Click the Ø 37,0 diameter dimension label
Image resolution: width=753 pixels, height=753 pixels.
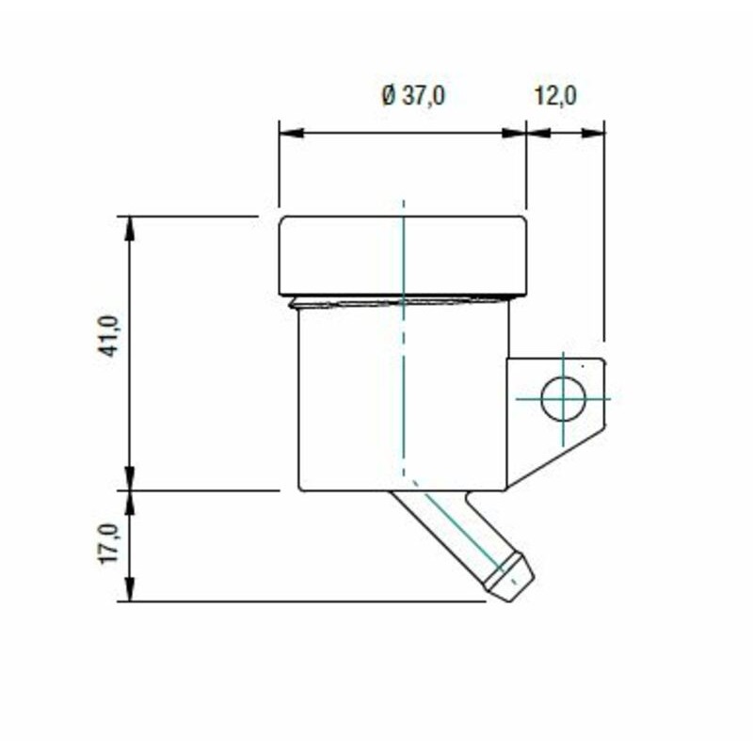coord(412,96)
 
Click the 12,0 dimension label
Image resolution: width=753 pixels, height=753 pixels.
coord(556,96)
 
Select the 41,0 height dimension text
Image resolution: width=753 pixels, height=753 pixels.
coord(109,335)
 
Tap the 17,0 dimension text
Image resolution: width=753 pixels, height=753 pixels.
coord(109,544)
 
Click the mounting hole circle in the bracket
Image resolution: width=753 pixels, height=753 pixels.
coord(563,398)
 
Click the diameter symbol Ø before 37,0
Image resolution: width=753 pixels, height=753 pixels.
coord(388,96)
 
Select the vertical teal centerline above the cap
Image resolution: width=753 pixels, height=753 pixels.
coord(403,208)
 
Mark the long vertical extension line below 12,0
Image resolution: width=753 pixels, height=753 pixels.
coord(604,235)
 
